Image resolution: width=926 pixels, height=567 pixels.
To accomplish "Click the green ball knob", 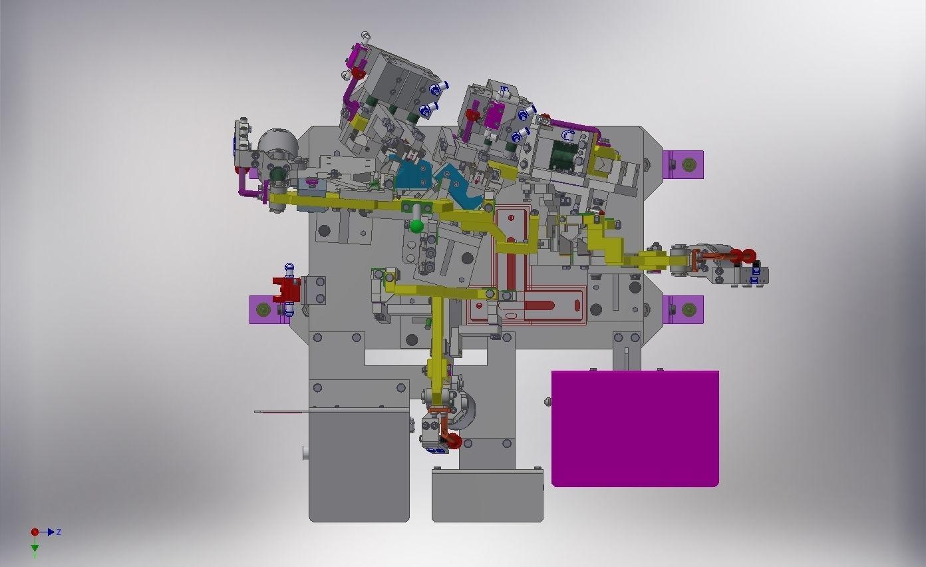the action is pyautogui.click(x=416, y=226).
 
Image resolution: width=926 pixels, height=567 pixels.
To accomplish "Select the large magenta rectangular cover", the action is pyautogui.click(x=635, y=429).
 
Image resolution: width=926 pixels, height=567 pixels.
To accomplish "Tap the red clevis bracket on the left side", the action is pyautogui.click(x=286, y=289).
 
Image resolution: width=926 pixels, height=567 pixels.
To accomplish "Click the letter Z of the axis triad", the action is pyautogui.click(x=59, y=532).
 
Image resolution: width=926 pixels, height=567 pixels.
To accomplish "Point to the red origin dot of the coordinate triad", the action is pyautogui.click(x=35, y=532).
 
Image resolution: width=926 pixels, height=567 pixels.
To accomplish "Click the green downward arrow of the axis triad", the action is pyautogui.click(x=35, y=545).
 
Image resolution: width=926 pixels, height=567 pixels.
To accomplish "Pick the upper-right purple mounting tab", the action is pyautogui.click(x=683, y=164).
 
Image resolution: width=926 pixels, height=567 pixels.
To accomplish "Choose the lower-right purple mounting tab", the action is pyautogui.click(x=683, y=309).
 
